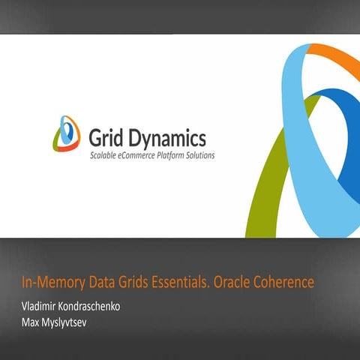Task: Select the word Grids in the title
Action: [136, 283]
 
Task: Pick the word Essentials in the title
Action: [182, 283]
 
